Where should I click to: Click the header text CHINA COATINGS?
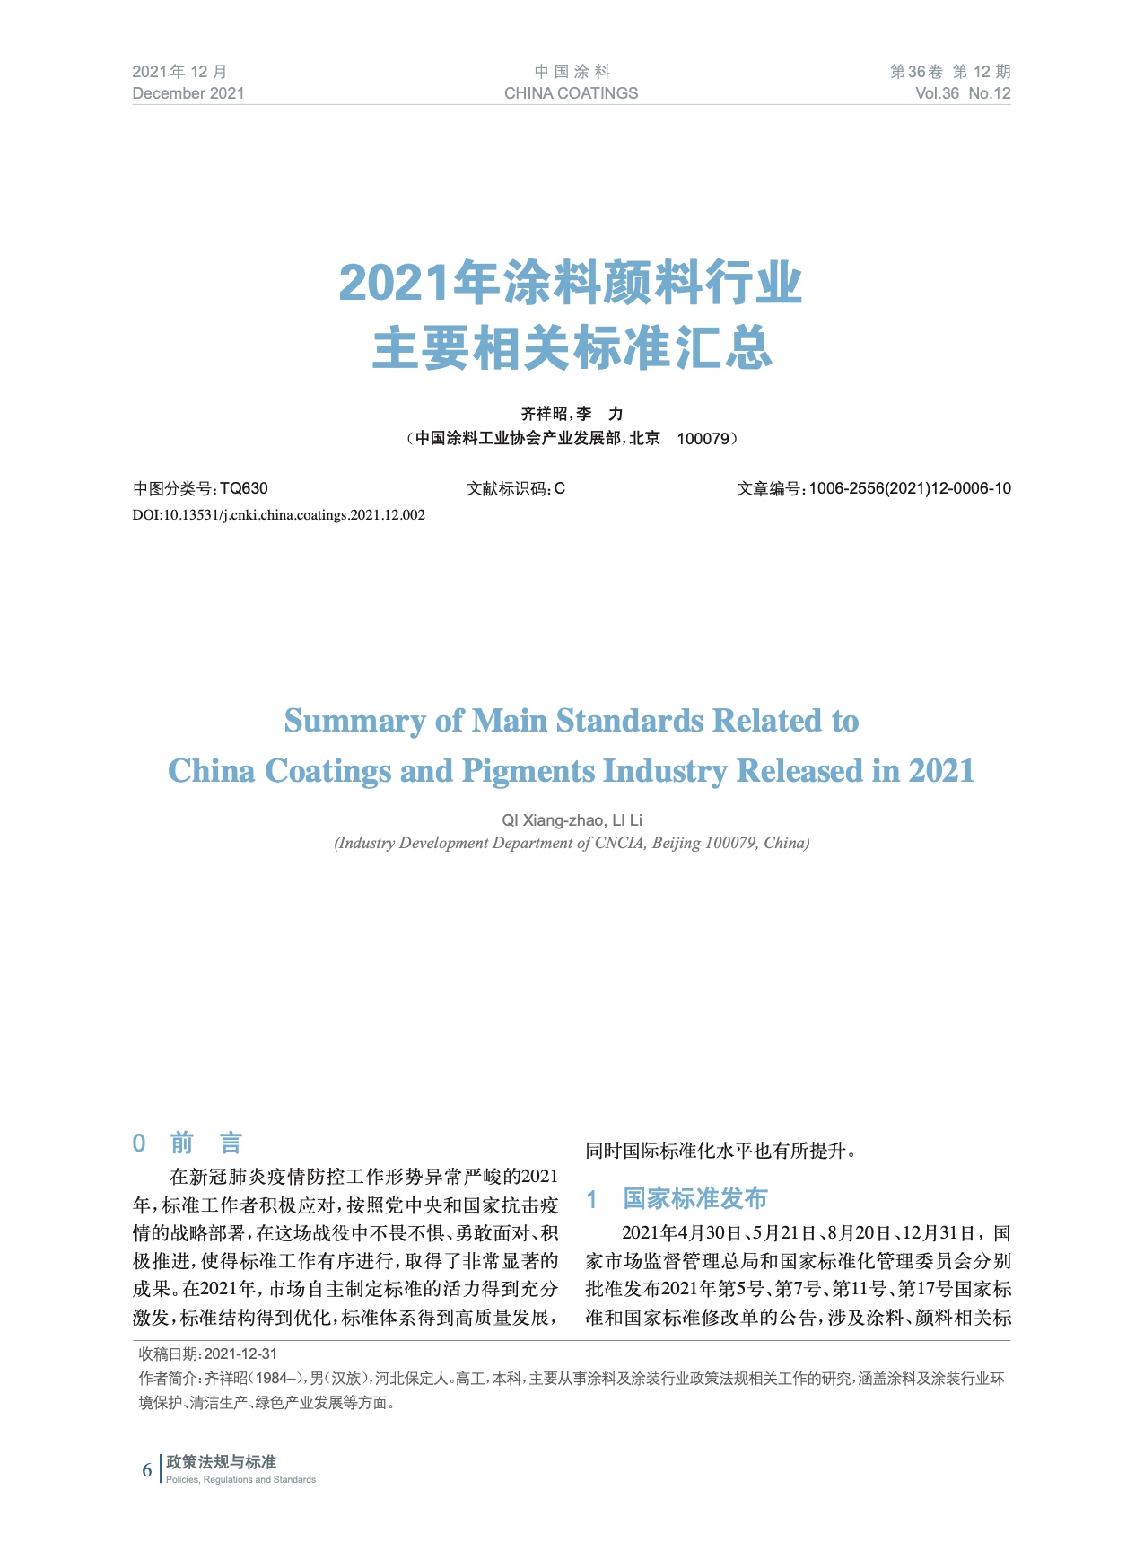(571, 93)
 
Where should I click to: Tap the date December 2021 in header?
(188, 93)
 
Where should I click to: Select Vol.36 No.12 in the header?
(962, 93)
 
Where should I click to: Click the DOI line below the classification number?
(279, 515)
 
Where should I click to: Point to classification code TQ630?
(244, 489)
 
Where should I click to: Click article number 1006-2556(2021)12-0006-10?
(909, 489)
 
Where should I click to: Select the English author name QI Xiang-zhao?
(552, 820)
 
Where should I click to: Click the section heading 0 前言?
(188, 1143)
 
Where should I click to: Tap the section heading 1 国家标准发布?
(677, 1198)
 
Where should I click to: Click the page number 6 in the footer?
(147, 1469)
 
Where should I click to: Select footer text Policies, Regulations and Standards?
(240, 1480)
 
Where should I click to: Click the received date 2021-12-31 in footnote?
(240, 1354)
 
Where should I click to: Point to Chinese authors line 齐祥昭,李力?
(572, 414)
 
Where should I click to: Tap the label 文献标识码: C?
(516, 489)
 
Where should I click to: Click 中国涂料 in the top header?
(572, 72)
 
